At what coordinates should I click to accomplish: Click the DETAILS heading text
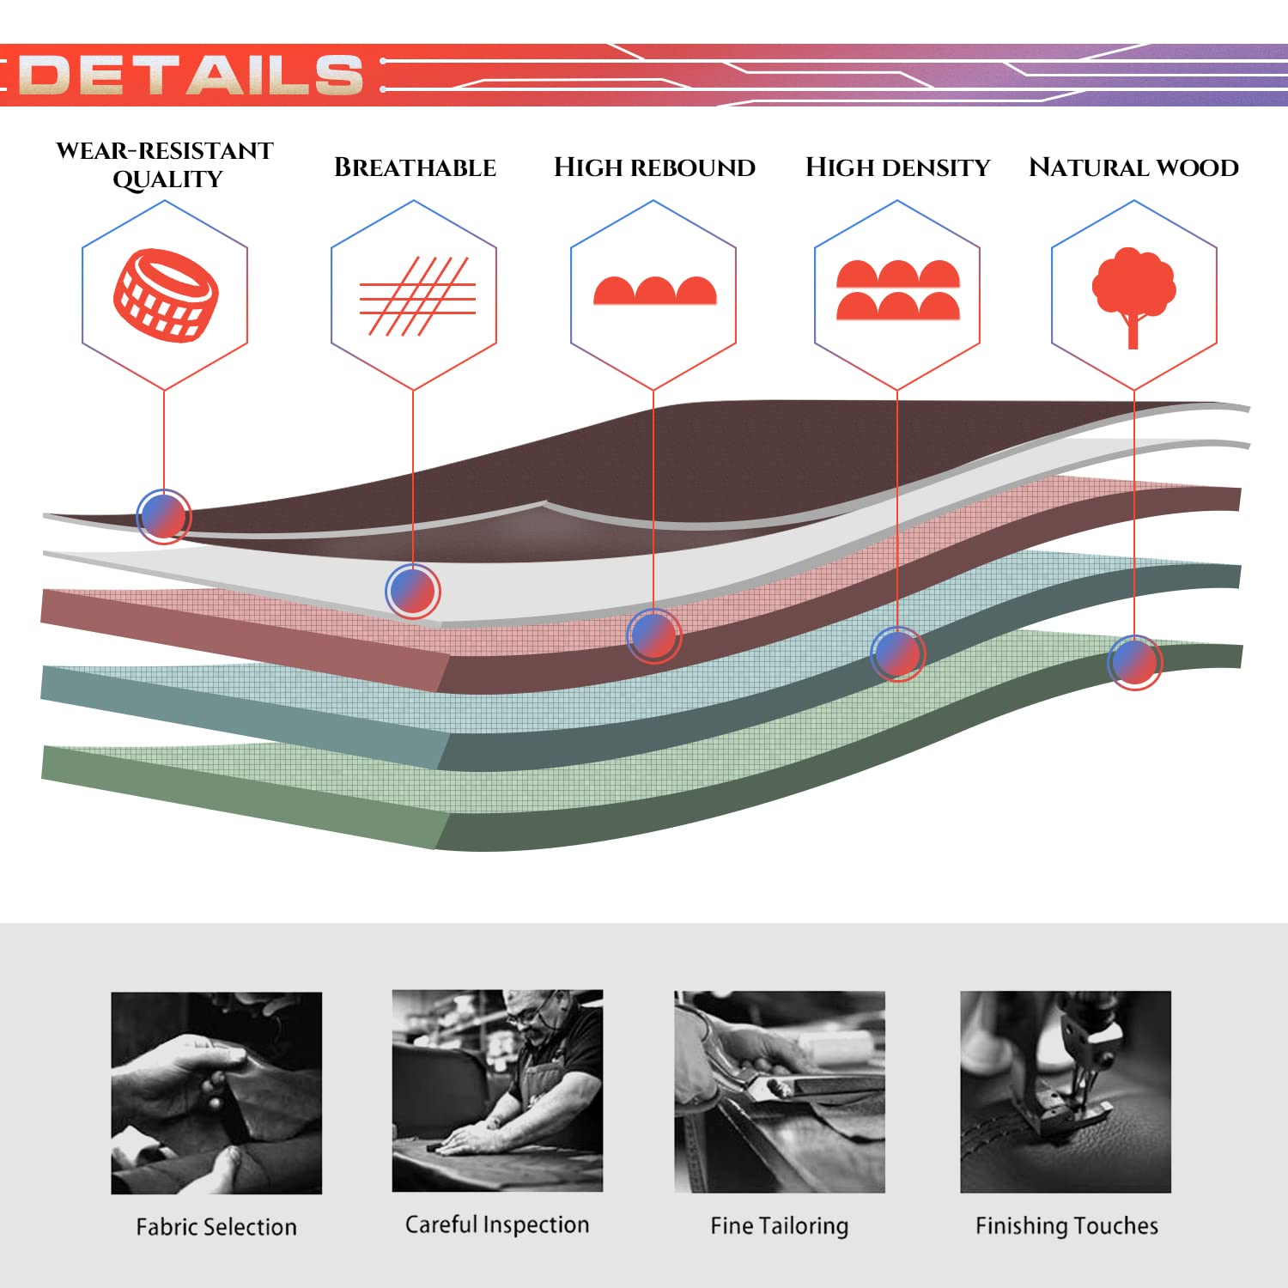191,75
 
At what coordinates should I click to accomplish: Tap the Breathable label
415,167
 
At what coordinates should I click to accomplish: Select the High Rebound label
654,167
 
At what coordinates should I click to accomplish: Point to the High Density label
897,167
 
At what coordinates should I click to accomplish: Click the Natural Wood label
1133,167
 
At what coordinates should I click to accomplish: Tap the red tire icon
165,295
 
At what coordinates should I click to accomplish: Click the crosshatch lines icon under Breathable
416,296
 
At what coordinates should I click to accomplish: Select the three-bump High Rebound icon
654,290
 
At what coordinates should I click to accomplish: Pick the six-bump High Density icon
897,290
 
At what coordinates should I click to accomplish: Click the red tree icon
1133,297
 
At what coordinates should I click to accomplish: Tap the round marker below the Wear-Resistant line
163,516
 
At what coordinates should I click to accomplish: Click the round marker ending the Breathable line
413,591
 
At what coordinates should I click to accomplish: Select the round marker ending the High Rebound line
654,635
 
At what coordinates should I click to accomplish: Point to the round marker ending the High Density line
897,653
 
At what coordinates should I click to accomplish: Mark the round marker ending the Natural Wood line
1134,662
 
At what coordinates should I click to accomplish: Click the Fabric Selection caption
216,1226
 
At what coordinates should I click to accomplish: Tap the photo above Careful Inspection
497,1091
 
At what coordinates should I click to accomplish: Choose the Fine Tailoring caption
779,1225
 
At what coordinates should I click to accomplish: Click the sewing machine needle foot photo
1066,1092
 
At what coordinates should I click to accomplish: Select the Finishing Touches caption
1066,1225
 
